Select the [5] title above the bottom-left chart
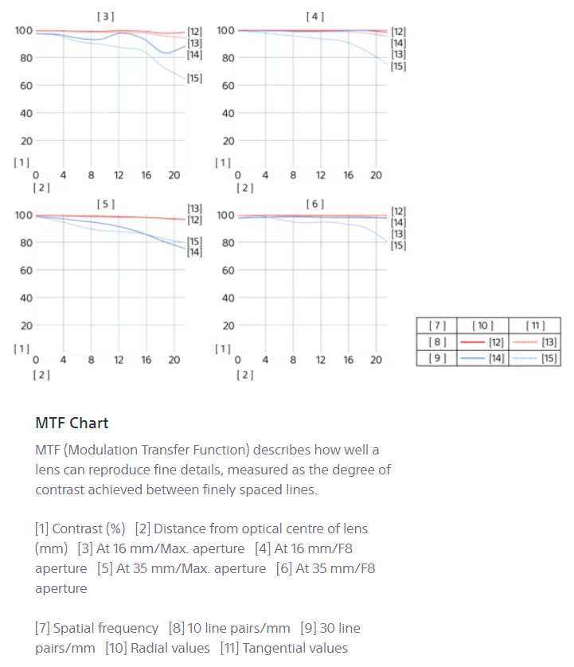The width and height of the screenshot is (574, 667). click(x=105, y=204)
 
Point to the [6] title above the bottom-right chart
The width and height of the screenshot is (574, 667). click(x=315, y=204)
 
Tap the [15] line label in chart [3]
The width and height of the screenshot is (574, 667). click(x=194, y=78)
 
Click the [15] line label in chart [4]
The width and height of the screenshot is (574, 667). click(x=398, y=66)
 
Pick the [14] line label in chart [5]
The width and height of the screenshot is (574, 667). click(x=194, y=252)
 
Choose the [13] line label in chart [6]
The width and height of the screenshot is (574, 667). click(x=398, y=234)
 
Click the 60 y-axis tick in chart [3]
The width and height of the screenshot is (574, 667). click(x=25, y=85)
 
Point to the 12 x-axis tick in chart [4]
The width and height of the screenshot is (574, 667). click(x=320, y=175)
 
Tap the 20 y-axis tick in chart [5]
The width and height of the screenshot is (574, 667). click(x=25, y=326)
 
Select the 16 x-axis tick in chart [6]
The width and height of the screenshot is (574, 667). click(x=348, y=360)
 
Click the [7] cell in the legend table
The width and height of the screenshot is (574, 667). click(x=437, y=326)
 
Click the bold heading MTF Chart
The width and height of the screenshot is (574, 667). click(x=72, y=423)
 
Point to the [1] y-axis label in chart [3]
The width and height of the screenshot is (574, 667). click(x=21, y=162)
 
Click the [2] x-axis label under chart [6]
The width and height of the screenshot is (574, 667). click(x=245, y=375)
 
